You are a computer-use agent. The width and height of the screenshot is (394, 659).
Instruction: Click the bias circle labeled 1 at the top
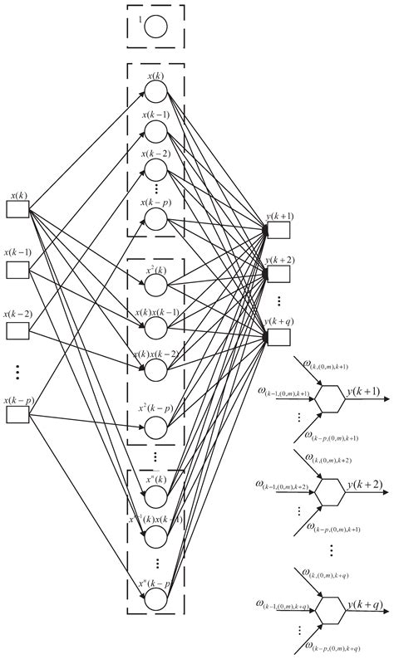(x=155, y=26)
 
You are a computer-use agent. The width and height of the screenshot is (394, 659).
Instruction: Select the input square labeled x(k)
(x=18, y=209)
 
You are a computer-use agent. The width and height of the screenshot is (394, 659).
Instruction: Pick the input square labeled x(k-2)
(x=18, y=329)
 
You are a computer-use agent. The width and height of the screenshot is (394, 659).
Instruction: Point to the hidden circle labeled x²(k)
(x=155, y=284)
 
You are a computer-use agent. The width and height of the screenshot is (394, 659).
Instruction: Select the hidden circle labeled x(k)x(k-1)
(x=155, y=327)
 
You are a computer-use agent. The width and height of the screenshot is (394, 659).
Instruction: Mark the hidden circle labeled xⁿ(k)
(x=155, y=497)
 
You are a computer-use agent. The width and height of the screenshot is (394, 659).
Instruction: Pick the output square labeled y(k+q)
(x=278, y=335)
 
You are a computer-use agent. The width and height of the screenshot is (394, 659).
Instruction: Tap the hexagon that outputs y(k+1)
(x=330, y=398)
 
